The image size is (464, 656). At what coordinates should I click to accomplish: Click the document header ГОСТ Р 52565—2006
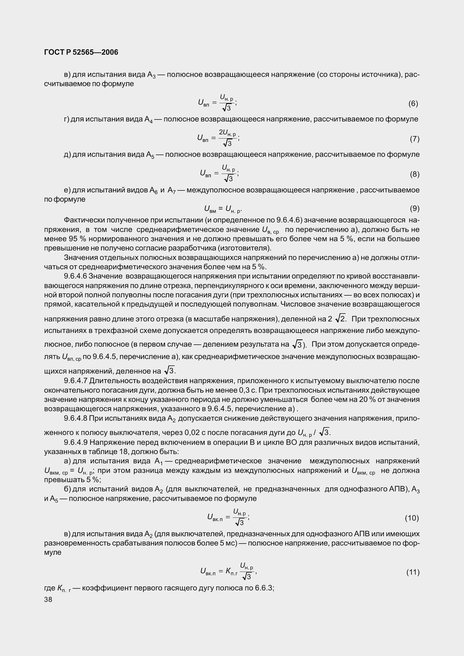81,52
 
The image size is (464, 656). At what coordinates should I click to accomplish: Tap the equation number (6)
413,103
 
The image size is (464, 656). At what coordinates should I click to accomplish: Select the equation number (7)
415,139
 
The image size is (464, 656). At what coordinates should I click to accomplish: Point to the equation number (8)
415,174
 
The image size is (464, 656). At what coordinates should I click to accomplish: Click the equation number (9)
415,209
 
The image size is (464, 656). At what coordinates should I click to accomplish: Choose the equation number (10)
412,518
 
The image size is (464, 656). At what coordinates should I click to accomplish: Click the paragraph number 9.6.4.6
76,276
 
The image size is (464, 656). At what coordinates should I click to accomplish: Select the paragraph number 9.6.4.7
76,381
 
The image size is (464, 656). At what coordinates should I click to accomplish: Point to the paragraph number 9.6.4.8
76,418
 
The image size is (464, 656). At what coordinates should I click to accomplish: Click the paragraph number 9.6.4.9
76,443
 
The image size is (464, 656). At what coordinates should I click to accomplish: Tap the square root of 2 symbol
340,318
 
